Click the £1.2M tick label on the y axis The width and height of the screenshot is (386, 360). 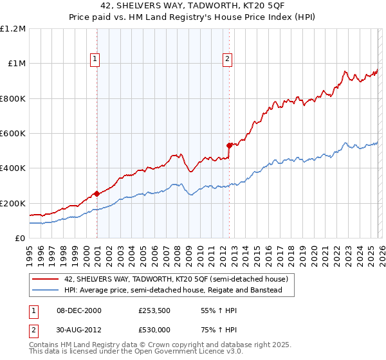13,29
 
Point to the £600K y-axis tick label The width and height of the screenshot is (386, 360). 13,134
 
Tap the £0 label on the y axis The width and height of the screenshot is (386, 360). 20,239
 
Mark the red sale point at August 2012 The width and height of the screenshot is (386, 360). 229,145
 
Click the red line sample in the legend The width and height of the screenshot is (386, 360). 46,279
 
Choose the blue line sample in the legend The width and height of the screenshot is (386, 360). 46,290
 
